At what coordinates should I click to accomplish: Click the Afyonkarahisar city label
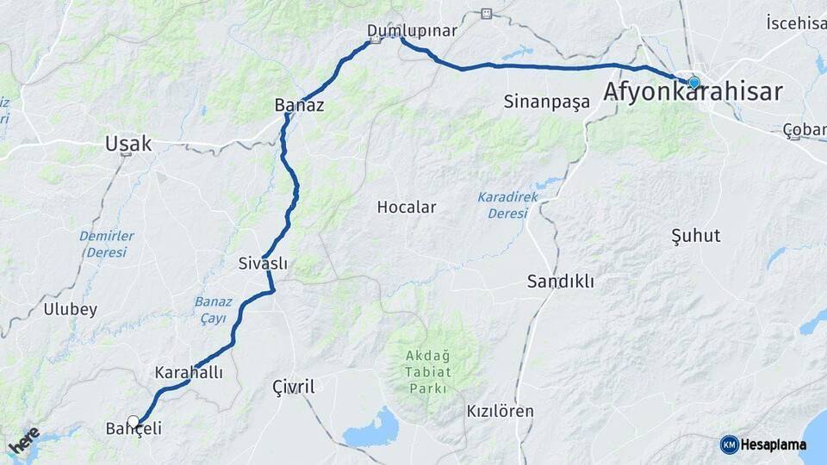pyautogui.click(x=693, y=92)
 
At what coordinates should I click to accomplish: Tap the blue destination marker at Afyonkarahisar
pyautogui.click(x=693, y=83)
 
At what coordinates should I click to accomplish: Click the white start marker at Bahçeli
pyautogui.click(x=133, y=421)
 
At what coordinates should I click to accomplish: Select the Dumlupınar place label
pyautogui.click(x=412, y=31)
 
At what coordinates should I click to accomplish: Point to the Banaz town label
pyautogui.click(x=299, y=105)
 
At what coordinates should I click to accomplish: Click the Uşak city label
pyautogui.click(x=128, y=144)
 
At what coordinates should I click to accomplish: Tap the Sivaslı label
pyautogui.click(x=263, y=263)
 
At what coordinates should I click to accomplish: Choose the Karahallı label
pyautogui.click(x=189, y=373)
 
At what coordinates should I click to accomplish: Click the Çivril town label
pyautogui.click(x=293, y=387)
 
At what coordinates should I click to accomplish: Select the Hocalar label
pyautogui.click(x=407, y=208)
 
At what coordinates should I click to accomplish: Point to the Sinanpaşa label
pyautogui.click(x=547, y=102)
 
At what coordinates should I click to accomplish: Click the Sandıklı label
pyautogui.click(x=561, y=282)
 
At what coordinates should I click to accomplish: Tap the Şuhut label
pyautogui.click(x=695, y=235)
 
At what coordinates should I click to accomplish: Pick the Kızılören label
pyautogui.click(x=500, y=411)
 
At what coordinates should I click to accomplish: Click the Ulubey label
pyautogui.click(x=71, y=309)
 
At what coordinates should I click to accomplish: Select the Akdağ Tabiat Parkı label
pyautogui.click(x=428, y=371)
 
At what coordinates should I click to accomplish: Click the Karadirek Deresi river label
pyautogui.click(x=507, y=205)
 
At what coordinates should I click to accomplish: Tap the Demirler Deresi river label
pyautogui.click(x=107, y=244)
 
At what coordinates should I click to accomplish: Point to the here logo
pyautogui.click(x=24, y=441)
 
